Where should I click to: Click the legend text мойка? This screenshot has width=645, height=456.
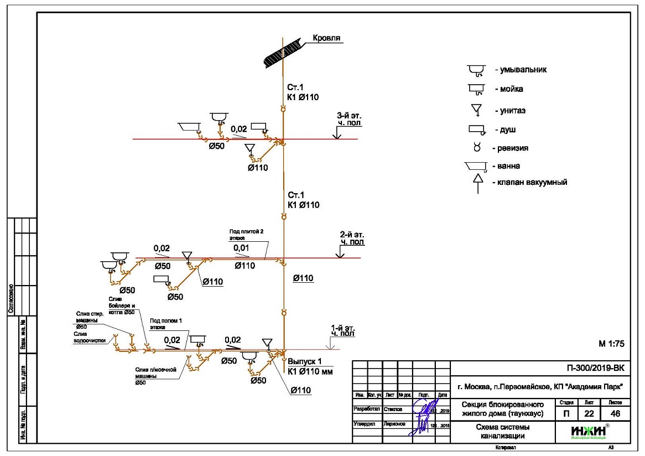tap(512, 89)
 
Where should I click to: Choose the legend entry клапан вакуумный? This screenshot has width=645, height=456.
tap(530, 182)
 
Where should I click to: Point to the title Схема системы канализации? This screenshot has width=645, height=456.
tap(502, 432)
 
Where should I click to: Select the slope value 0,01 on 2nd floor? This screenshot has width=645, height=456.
tap(241, 247)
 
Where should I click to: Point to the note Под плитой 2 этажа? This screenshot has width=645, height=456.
tap(245, 234)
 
